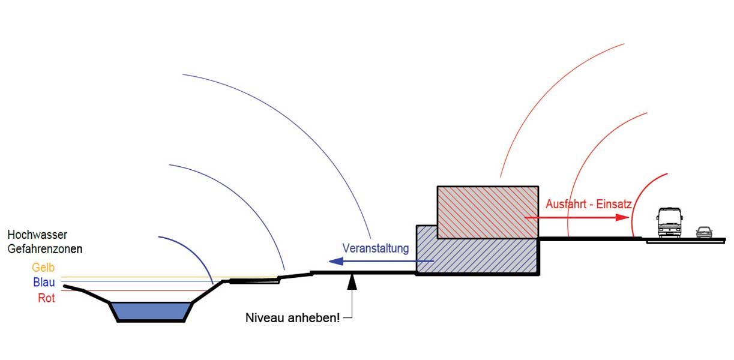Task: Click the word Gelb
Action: pos(44,268)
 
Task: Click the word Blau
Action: pos(44,283)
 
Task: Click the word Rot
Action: pos(46,298)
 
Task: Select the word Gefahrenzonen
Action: pos(45,247)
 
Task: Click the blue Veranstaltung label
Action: pos(375,248)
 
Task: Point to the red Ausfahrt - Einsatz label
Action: pos(588,204)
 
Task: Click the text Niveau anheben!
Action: pos(293,317)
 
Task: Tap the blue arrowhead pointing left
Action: pos(335,261)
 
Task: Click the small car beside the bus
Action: pos(703,232)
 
